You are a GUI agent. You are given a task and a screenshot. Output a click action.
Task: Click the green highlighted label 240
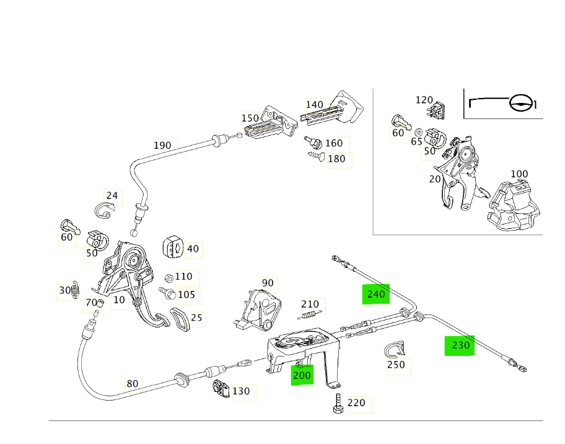pyautogui.click(x=376, y=294)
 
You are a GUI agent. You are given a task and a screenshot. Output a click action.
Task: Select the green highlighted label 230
pyautogui.click(x=460, y=345)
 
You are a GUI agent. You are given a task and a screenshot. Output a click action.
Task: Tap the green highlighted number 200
pyautogui.click(x=302, y=375)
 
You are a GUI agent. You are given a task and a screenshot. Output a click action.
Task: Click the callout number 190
pyautogui.click(x=162, y=146)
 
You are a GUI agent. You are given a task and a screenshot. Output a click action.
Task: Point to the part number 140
pyautogui.click(x=315, y=104)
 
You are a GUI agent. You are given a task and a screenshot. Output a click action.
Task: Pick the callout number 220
pyautogui.click(x=356, y=403)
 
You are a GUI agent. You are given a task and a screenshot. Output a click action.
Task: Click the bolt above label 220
pyautogui.click(x=337, y=404)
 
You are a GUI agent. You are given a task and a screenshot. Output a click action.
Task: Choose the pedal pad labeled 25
pyautogui.click(x=181, y=319)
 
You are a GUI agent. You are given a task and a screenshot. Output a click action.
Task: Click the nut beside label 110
pyautogui.click(x=169, y=278)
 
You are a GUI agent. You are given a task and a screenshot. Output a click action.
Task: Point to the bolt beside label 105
pyautogui.click(x=166, y=292)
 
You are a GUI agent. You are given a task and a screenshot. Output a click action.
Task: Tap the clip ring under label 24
pyautogui.click(x=107, y=212)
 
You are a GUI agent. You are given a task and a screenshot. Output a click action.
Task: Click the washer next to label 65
pyautogui.click(x=419, y=133)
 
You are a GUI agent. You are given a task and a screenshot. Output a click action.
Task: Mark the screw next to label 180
pyautogui.click(x=317, y=156)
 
